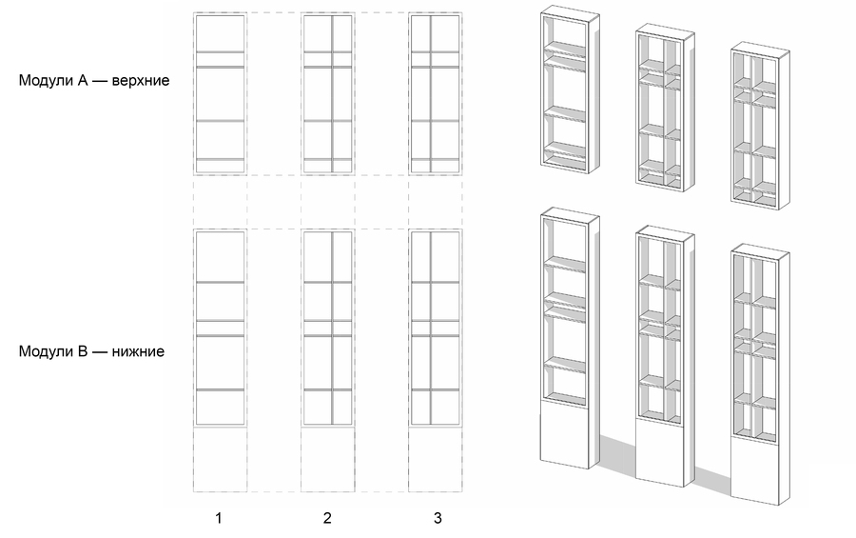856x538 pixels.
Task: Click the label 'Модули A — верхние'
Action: (94, 80)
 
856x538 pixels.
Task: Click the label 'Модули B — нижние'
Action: (91, 351)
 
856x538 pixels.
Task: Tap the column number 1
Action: (219, 518)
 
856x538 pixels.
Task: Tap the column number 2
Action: (327, 518)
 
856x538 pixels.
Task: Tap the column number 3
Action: (438, 518)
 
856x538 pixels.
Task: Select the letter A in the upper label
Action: (83, 80)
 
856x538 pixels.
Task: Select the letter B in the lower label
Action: (83, 351)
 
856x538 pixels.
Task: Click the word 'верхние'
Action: (141, 81)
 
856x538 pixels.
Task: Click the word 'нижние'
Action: (138, 351)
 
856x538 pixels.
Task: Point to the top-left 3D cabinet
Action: (570, 90)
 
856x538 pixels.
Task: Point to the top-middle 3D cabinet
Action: (665, 109)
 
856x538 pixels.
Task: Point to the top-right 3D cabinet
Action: (760, 126)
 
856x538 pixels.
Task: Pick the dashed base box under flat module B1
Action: (220, 459)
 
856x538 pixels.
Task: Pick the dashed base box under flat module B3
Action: (435, 459)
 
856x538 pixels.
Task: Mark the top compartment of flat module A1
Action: (220, 34)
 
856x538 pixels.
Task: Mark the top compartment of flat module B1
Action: (220, 257)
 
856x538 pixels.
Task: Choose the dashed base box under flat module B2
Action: (327, 459)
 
